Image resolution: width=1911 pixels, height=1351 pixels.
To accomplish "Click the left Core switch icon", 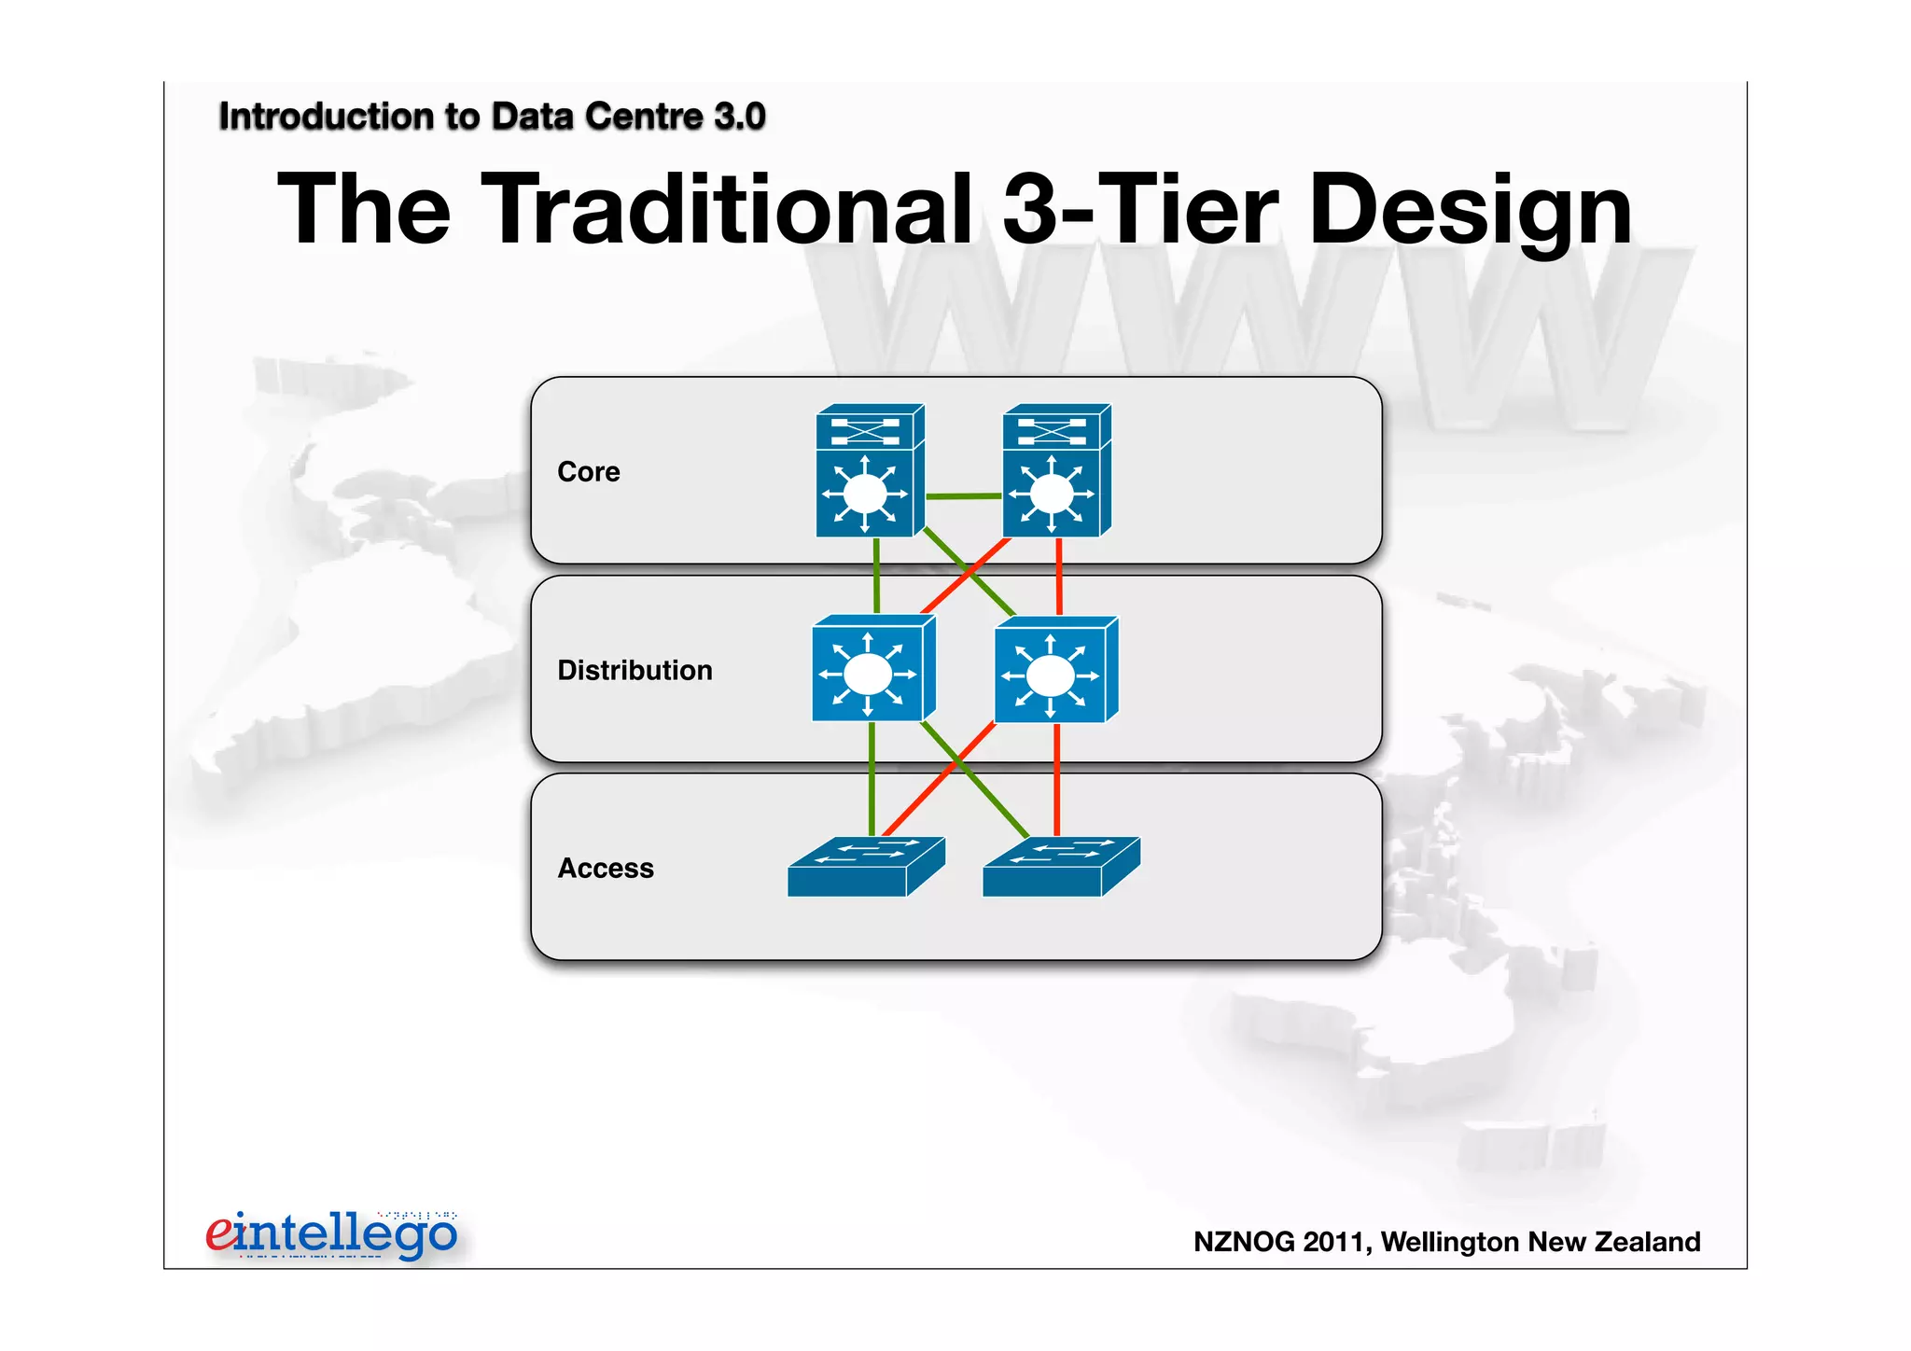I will coord(869,471).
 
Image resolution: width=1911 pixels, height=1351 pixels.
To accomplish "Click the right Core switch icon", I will coord(1055,471).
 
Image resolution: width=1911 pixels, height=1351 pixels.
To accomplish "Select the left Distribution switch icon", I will coord(872,669).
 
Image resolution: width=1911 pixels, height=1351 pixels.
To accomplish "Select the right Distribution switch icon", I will coord(1055,670).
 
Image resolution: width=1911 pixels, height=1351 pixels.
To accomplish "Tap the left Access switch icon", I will coord(865,868).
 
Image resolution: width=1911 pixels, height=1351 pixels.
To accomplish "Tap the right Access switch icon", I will coord(1060,868).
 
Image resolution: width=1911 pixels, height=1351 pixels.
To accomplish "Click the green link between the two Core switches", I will coord(963,496).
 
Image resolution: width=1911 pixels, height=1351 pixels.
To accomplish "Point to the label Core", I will coord(588,472).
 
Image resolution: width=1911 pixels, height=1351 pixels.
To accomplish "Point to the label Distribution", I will coord(635,671).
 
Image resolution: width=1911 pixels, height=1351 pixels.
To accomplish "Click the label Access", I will coord(605,869).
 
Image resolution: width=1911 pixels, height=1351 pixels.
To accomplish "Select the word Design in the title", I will coord(1470,211).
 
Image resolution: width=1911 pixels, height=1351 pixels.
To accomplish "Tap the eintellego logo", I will coord(331,1235).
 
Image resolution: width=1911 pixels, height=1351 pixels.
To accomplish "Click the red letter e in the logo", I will coord(219,1233).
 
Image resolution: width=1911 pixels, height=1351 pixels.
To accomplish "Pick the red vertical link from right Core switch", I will coord(1059,576).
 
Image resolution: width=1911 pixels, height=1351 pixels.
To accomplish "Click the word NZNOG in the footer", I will coord(1244,1243).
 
